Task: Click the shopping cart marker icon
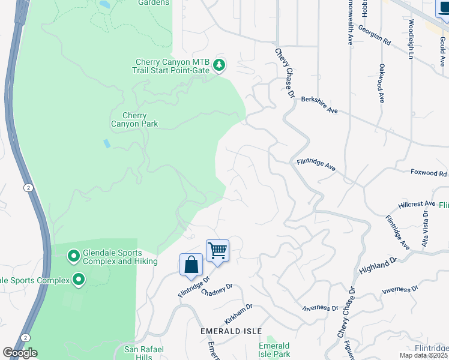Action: (x=217, y=251)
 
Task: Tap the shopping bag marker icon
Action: (x=191, y=265)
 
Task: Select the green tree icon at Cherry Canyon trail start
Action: (x=220, y=65)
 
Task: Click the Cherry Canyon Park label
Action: (x=134, y=120)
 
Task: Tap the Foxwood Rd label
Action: (x=429, y=173)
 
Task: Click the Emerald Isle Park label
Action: (x=274, y=350)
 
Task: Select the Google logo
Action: (x=20, y=353)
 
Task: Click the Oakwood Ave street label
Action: (x=381, y=83)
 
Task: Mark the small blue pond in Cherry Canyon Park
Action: (x=106, y=143)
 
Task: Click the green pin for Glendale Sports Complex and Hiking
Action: (x=74, y=257)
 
